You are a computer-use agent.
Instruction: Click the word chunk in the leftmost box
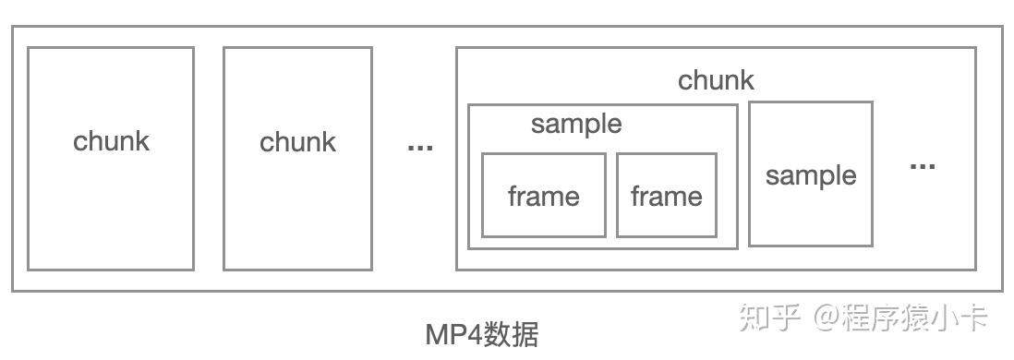111,141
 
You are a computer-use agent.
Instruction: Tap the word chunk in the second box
297,142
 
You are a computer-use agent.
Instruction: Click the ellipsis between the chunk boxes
420,147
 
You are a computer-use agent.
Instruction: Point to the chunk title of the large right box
716,80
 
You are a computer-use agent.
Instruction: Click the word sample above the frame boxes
576,124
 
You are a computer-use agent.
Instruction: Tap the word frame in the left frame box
543,196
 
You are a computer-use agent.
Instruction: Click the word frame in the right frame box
666,196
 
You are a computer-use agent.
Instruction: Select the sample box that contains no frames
810,212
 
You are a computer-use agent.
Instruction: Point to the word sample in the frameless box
810,175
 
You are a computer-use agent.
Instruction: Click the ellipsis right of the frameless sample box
923,167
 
